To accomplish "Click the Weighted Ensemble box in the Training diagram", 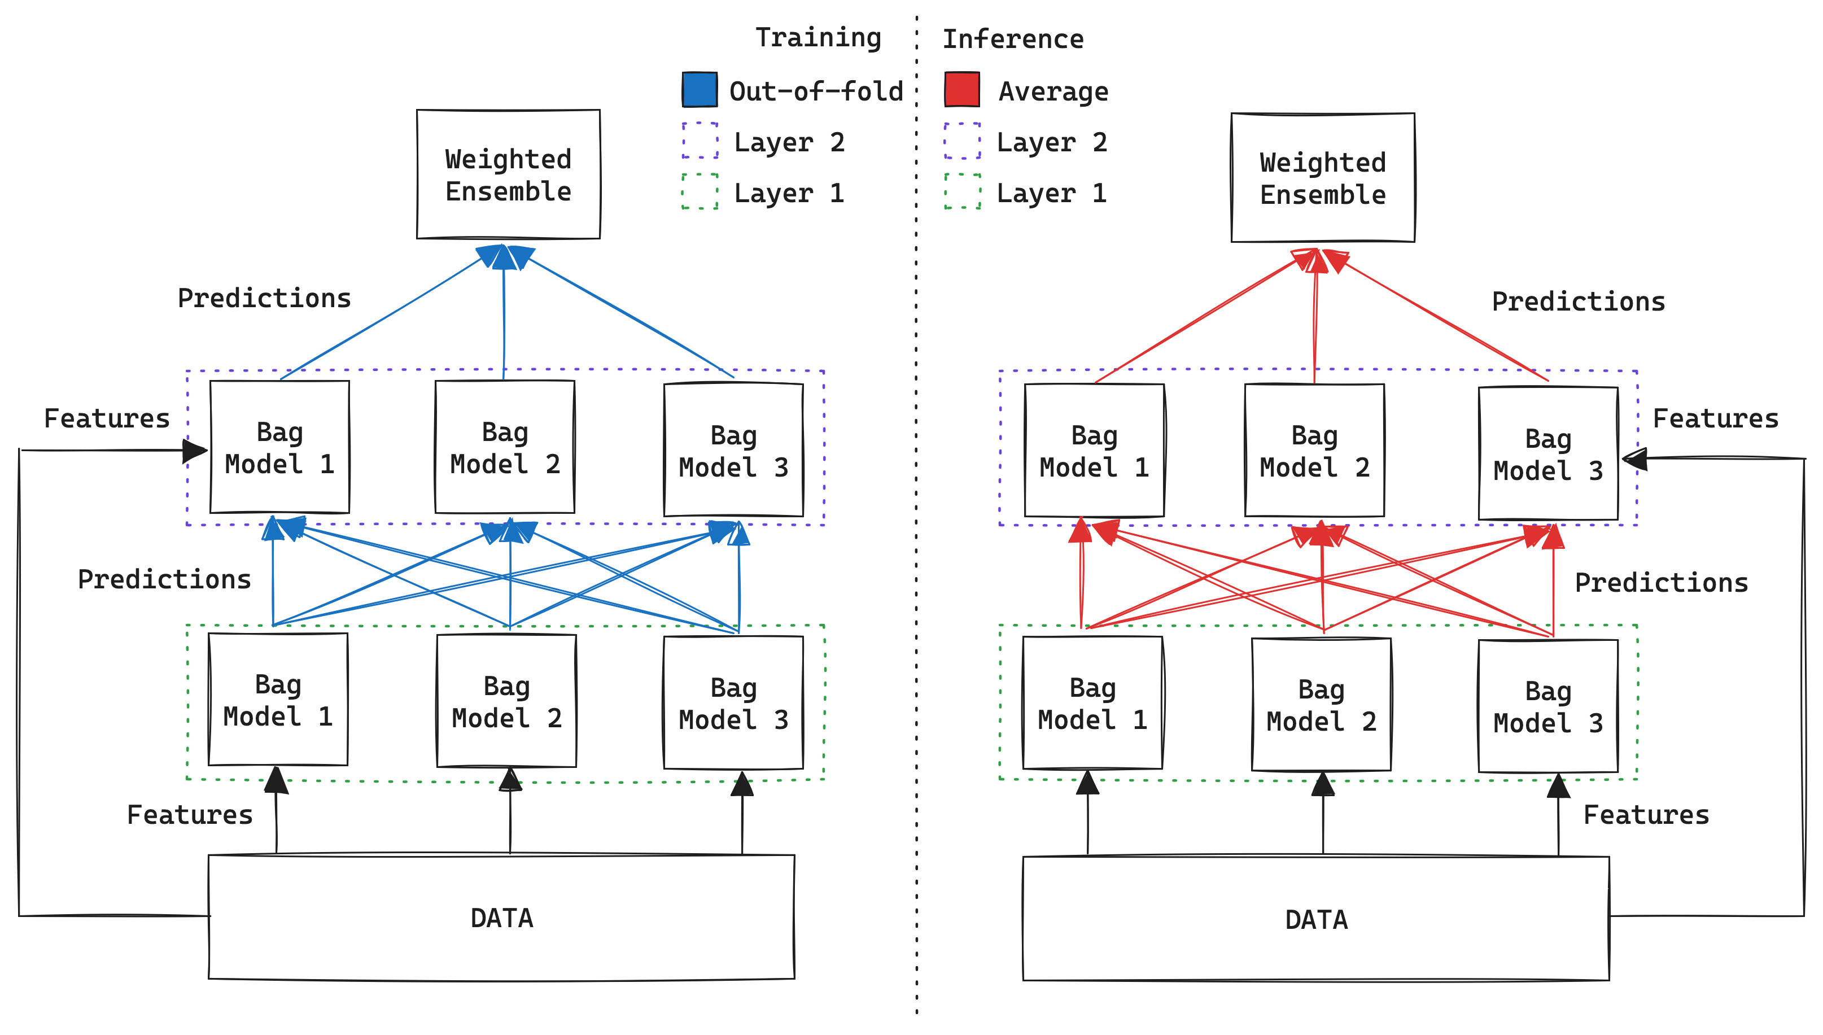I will point(508,174).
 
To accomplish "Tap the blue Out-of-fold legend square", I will point(700,90).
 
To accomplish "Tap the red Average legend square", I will point(961,90).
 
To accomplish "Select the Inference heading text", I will point(1013,38).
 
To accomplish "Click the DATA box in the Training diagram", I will point(501,918).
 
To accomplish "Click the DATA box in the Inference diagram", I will point(1315,919).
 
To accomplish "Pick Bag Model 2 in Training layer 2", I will point(505,447).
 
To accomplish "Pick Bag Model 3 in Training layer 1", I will point(733,703).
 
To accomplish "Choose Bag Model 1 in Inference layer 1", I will point(1092,703).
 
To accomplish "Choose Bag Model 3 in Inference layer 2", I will point(1547,453).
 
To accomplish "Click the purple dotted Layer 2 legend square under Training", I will point(700,141).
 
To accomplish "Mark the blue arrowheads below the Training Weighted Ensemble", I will point(505,257).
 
